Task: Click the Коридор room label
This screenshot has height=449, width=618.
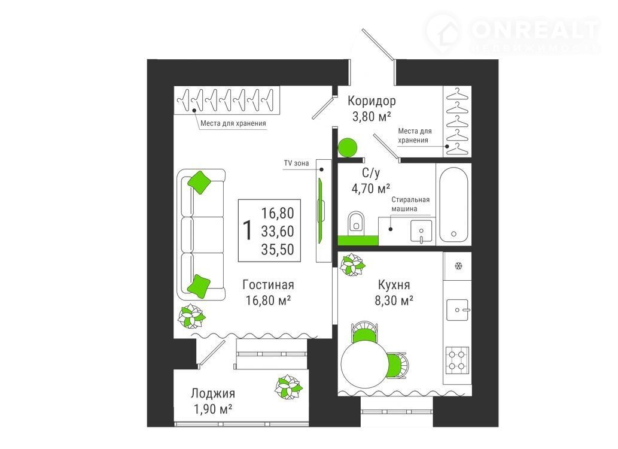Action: tap(372, 101)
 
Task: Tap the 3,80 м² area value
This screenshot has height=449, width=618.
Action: tap(372, 117)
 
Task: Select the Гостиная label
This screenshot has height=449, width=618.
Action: tap(268, 284)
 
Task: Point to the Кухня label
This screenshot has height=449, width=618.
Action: tap(394, 284)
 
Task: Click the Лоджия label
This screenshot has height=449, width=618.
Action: tap(213, 393)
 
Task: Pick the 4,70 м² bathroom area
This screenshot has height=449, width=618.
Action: tap(370, 189)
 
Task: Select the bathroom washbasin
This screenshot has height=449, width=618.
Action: tap(421, 231)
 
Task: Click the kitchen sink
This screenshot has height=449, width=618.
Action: tap(458, 310)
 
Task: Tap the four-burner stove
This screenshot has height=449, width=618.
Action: tap(457, 360)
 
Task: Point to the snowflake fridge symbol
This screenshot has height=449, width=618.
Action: tap(458, 266)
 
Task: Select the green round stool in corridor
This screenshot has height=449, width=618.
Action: tap(347, 147)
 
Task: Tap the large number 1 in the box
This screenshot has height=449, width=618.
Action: tap(248, 230)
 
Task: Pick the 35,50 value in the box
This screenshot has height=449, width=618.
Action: tap(278, 250)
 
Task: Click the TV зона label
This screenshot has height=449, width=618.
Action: tap(296, 163)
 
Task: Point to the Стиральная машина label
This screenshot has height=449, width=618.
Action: tap(410, 204)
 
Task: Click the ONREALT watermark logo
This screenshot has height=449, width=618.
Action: tap(512, 34)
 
